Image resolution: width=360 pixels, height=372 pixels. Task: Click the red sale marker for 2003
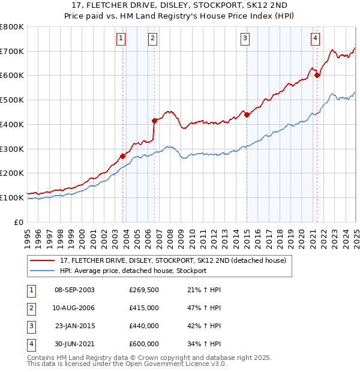122,156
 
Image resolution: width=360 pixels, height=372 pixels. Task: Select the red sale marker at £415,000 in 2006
154,121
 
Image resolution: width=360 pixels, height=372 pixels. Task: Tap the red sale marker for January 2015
247,115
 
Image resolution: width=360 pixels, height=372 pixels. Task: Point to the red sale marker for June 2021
317,76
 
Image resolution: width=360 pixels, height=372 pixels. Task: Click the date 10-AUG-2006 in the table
74,308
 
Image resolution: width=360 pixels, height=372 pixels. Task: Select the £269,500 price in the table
144,290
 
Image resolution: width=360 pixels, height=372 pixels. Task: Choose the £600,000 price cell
144,344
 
